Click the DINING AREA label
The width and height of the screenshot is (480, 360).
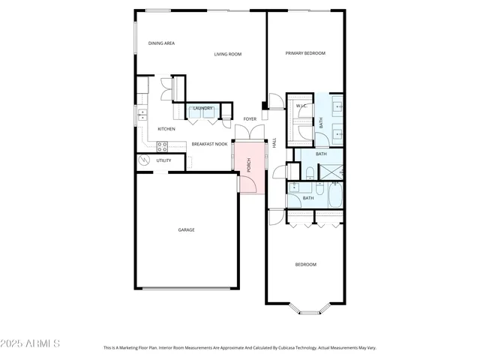tap(161, 43)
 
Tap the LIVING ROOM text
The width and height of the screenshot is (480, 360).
tap(227, 54)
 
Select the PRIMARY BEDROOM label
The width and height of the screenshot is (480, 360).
tap(305, 53)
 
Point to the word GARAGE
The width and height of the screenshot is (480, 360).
tap(186, 229)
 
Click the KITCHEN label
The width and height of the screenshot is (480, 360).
tap(166, 129)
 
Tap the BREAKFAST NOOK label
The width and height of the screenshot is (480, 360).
tap(209, 144)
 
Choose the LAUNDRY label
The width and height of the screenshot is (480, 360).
tap(203, 108)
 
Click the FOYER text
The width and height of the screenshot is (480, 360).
tap(250, 119)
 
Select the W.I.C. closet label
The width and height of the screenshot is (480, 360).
tap(301, 106)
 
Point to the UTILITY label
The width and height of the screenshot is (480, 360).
tap(163, 160)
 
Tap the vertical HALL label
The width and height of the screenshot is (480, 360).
tap(274, 142)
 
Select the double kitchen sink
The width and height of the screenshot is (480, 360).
tap(140, 115)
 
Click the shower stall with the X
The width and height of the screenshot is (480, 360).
tap(330, 171)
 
